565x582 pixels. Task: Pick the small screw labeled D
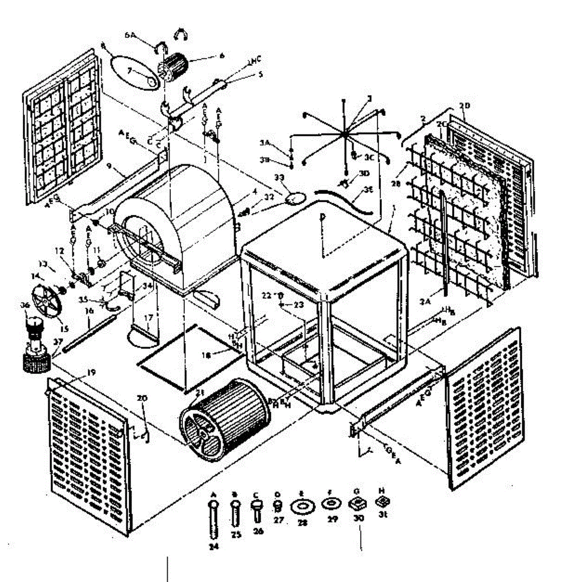pyautogui.click(x=278, y=506)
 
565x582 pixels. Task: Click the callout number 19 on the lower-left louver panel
pyautogui.click(x=91, y=372)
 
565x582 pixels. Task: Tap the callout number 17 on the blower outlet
pyautogui.click(x=148, y=318)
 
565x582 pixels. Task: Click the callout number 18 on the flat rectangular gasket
pyautogui.click(x=206, y=356)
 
